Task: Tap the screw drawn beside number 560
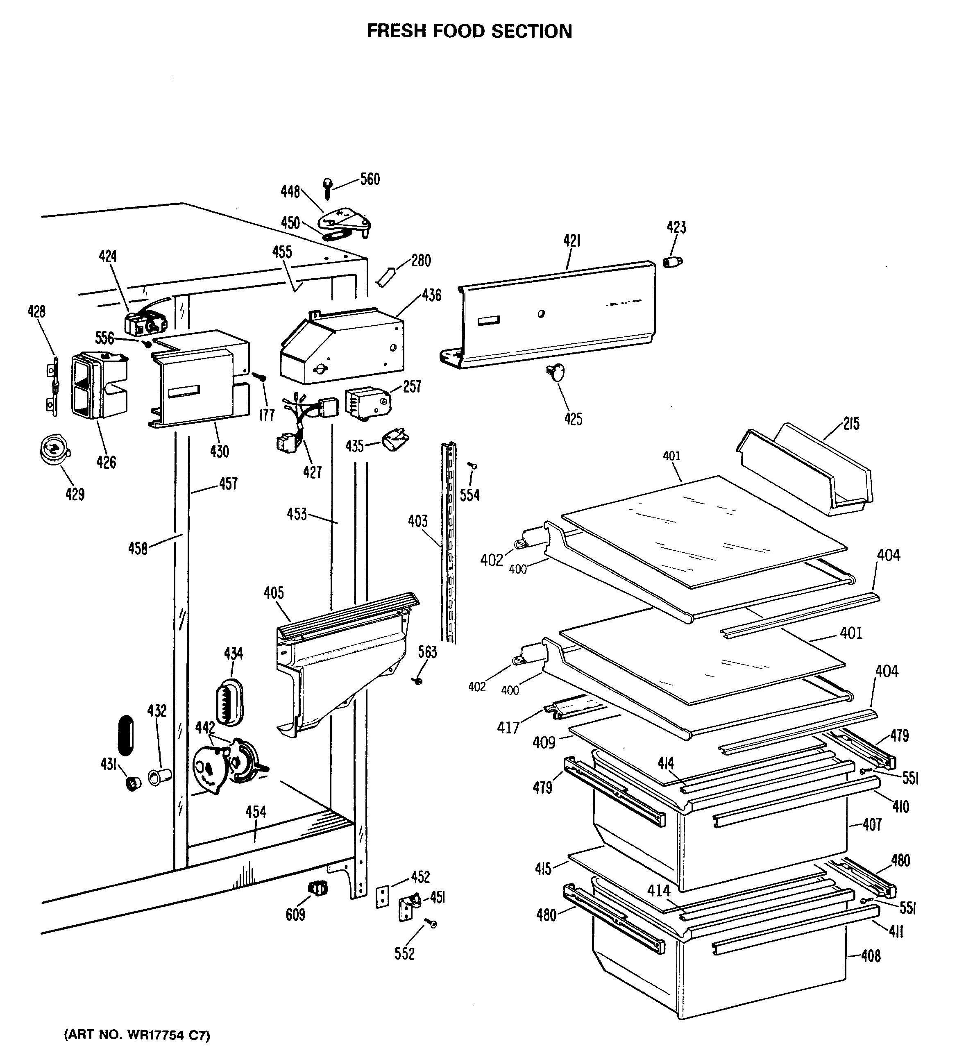(328, 188)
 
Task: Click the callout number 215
(851, 424)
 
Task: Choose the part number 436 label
(431, 295)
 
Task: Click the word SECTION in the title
(532, 32)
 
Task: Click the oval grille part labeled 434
(229, 702)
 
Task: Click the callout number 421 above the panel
(571, 241)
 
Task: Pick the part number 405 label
(273, 593)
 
